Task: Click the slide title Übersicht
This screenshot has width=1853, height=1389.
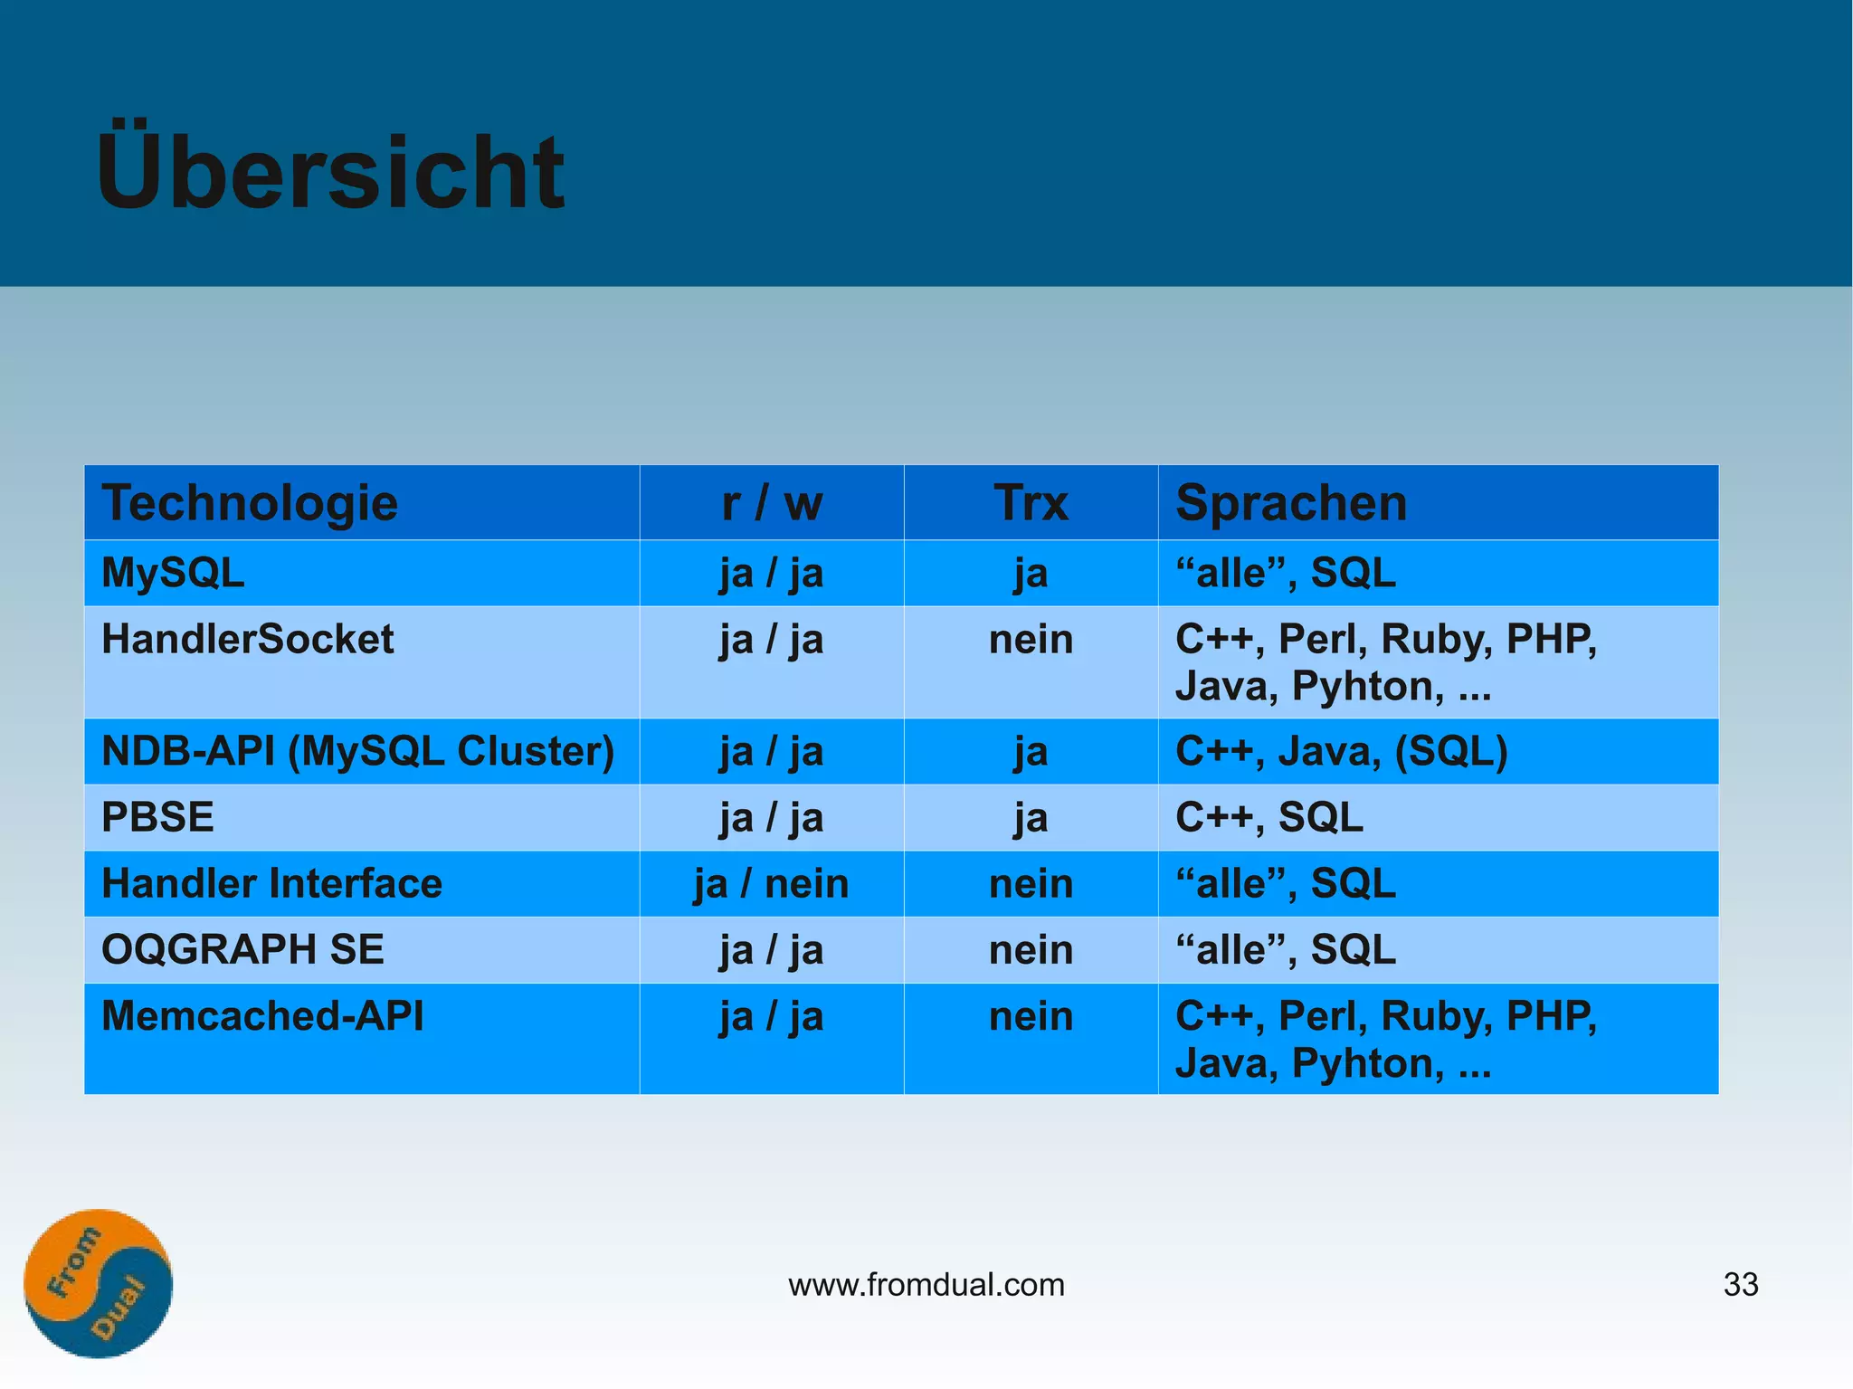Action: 330,171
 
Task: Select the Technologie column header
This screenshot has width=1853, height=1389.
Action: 250,503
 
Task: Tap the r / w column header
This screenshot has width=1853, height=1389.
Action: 772,503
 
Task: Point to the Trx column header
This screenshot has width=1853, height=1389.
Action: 1031,503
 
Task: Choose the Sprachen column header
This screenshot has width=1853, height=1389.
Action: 1291,503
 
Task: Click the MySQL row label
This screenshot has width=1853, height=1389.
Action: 173,573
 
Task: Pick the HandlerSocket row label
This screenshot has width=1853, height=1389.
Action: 247,640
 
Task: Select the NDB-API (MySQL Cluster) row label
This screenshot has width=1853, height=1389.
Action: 357,751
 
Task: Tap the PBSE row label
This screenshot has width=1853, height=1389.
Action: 157,817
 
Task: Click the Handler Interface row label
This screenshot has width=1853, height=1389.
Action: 271,884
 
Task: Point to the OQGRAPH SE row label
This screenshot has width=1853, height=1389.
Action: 242,950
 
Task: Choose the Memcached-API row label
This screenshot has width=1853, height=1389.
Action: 262,1016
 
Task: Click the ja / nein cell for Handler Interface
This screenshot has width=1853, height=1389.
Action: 772,884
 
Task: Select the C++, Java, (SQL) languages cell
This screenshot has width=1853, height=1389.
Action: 1341,751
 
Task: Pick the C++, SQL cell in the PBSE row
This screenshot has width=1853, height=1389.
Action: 1269,817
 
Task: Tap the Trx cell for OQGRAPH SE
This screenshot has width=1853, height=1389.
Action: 1031,950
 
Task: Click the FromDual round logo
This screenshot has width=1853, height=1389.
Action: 98,1283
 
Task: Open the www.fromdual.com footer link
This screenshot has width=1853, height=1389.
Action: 926,1285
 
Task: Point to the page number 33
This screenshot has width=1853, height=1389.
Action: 1741,1285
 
